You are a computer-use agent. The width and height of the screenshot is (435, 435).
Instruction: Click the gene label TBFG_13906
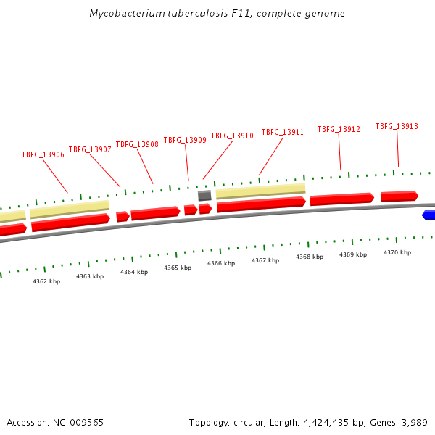(x=43, y=154)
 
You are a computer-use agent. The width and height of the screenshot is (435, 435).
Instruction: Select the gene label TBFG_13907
(x=90, y=149)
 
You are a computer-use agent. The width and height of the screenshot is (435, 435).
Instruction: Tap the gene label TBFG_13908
(x=137, y=144)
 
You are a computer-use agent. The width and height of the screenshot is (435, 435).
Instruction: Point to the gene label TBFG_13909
(x=185, y=140)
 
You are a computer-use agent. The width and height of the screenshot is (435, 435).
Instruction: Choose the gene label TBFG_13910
(x=232, y=136)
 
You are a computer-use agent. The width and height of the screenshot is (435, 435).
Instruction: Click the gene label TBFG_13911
(x=283, y=132)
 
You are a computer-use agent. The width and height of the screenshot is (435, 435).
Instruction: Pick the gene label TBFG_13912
(x=339, y=129)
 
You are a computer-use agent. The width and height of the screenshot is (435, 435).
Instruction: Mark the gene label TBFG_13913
(x=397, y=126)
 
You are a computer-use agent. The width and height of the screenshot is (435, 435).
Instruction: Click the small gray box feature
(x=204, y=195)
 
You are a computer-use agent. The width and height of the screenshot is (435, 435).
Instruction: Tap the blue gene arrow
(x=428, y=215)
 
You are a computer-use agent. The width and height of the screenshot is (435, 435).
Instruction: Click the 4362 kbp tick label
(x=46, y=281)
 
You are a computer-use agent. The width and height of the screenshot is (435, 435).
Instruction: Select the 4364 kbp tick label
(x=134, y=272)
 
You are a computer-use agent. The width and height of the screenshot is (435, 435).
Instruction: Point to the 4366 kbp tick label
(x=221, y=264)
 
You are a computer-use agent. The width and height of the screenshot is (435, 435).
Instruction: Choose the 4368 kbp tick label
(x=310, y=257)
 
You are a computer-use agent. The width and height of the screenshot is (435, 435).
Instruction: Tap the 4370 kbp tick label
(x=397, y=252)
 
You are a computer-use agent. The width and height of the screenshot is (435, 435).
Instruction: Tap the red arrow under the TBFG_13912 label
(x=341, y=199)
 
